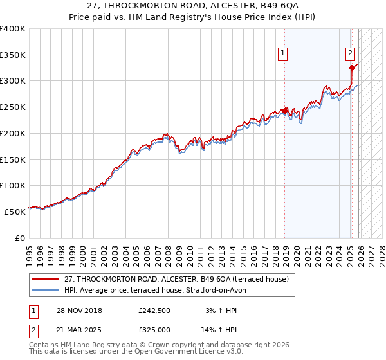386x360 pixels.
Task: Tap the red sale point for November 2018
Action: tap(285, 110)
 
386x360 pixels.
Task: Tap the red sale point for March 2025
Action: tap(352, 67)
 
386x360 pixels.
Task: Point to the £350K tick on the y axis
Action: tap(13, 55)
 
